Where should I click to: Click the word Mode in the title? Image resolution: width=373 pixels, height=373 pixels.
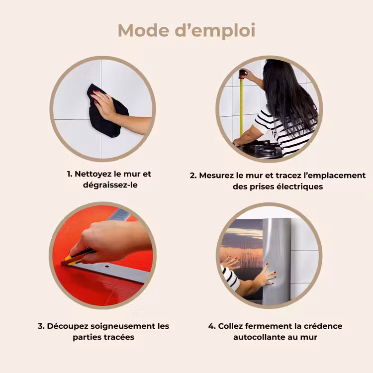tap(143, 30)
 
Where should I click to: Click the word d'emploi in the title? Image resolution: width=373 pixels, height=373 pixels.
tap(215, 31)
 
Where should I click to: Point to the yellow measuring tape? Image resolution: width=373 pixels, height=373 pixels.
tap(241, 104)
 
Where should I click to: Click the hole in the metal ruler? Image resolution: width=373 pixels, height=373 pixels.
tap(107, 267)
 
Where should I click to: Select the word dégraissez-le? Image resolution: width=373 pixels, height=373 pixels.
tap(110, 185)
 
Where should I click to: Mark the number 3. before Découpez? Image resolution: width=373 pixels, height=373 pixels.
tap(41, 326)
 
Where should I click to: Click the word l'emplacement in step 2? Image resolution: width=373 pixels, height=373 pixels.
tap(335, 176)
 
